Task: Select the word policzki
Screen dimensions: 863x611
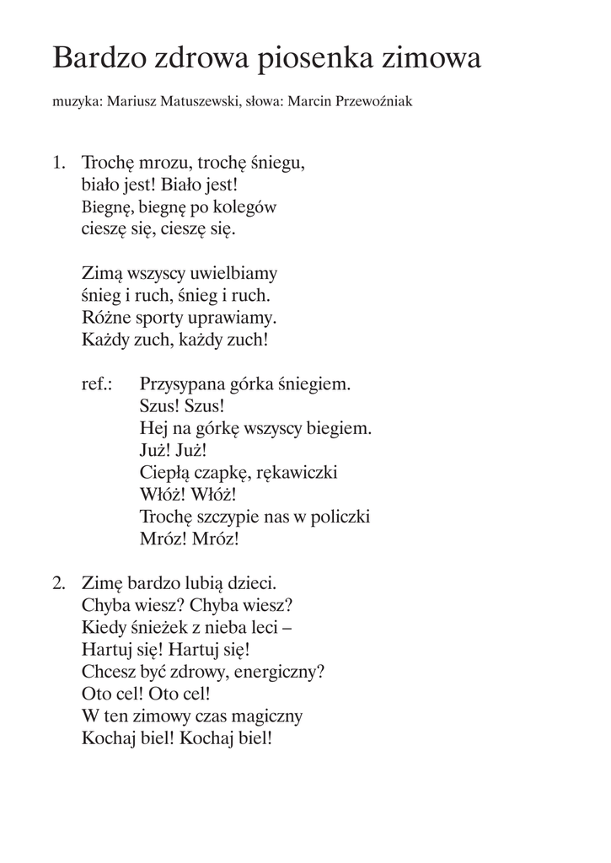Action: click(x=337, y=517)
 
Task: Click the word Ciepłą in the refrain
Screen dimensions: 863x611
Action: click(x=167, y=472)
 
